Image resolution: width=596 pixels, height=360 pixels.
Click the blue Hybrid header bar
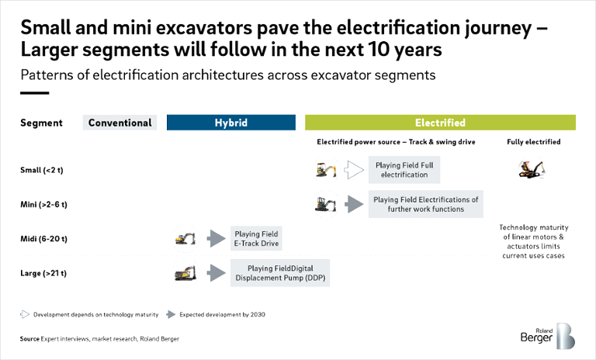pyautogui.click(x=231, y=123)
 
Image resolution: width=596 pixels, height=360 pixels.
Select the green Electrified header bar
pyautogui.click(x=440, y=123)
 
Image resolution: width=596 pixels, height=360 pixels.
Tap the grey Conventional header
pyautogui.click(x=120, y=123)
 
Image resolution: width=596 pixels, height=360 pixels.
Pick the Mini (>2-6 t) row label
pyautogui.click(x=43, y=204)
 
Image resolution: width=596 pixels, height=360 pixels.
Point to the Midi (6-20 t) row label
pyautogui.click(x=43, y=238)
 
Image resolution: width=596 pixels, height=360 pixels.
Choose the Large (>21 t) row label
pyautogui.click(x=43, y=272)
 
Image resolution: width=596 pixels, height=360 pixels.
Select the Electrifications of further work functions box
pyautogui.click(x=425, y=204)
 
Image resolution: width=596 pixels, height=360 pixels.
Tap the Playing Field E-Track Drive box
pyautogui.click(x=255, y=238)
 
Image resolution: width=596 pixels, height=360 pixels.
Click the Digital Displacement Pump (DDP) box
pyautogui.click(x=280, y=272)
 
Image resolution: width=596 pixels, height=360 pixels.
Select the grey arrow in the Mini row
pyautogui.click(x=353, y=204)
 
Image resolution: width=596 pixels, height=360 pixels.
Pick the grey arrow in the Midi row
pyautogui.click(x=216, y=238)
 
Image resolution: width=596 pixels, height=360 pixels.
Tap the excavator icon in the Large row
pyautogui.click(x=185, y=272)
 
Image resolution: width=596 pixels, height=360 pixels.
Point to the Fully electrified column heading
pyautogui.click(x=533, y=143)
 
